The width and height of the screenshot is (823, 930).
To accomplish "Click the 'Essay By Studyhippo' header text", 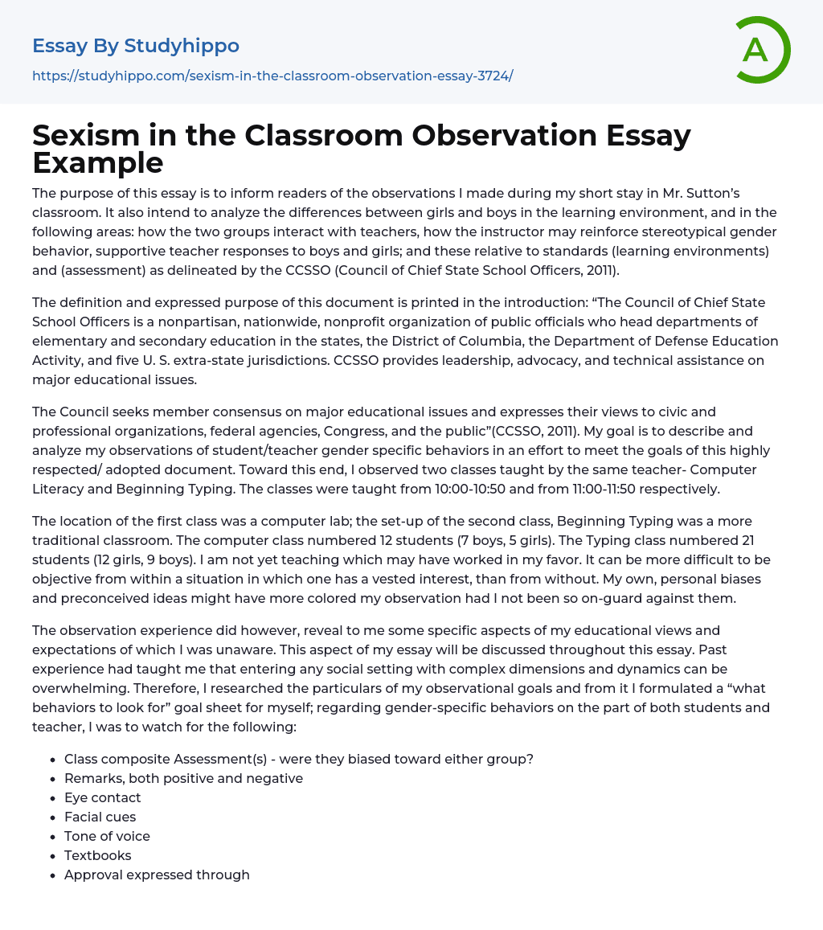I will click(136, 46).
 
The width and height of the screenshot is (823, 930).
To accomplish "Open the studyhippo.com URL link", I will click(272, 76).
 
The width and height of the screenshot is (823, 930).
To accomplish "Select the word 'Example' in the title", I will click(97, 162).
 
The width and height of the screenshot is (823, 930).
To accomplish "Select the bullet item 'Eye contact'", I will click(103, 797).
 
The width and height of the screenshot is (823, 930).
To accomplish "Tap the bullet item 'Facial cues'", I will click(100, 817).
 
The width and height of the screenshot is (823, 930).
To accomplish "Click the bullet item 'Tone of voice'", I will click(107, 836).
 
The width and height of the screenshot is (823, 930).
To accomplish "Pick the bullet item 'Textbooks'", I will click(98, 855).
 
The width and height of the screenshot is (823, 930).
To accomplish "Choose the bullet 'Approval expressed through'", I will click(157, 875).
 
